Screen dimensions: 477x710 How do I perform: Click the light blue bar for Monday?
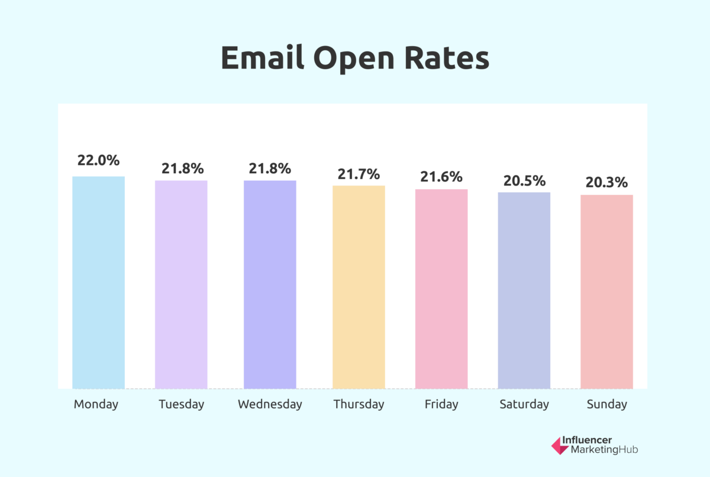98,283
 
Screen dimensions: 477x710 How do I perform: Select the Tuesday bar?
181,284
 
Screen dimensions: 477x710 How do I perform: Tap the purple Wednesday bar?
270,284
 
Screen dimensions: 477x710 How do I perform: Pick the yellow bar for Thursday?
359,287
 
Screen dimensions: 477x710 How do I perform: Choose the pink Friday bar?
441,289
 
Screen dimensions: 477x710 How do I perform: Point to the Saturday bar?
524,290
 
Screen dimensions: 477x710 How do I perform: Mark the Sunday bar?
607,292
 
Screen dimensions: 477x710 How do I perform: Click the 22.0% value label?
98,160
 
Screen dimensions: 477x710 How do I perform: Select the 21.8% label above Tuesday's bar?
181,168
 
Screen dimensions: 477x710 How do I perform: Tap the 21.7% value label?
359,174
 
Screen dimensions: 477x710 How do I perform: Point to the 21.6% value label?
441,177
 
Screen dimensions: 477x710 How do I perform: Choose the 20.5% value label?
524,181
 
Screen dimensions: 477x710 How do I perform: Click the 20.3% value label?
607,183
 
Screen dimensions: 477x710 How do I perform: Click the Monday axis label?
96,405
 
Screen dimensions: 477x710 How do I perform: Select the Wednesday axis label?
270,405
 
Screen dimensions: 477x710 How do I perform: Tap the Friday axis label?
441,405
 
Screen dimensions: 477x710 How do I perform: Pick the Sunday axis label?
607,405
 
